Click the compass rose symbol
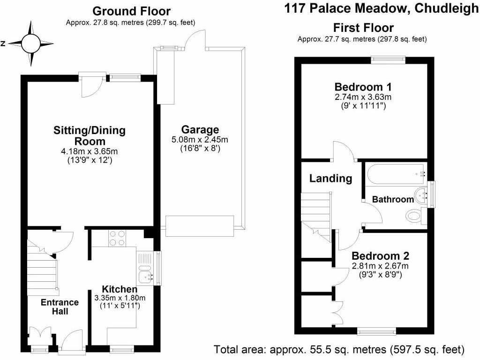point(31,44)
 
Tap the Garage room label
point(200,130)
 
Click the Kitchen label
point(120,289)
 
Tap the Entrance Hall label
point(60,307)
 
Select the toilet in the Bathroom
point(413,217)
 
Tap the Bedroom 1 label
point(363,87)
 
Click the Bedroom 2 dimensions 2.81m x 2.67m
point(380,266)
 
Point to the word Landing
point(330,178)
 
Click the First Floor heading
point(363,28)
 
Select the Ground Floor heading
point(131,11)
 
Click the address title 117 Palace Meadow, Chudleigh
point(381,9)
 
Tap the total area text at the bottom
point(339,349)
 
